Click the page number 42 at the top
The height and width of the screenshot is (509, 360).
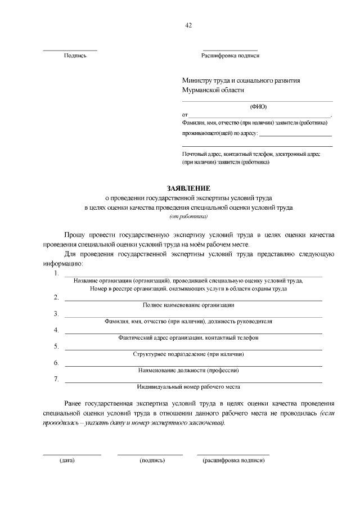[x=188, y=25]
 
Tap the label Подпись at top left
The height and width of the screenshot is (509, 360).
[x=75, y=56]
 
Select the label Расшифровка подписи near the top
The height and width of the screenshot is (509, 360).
[x=230, y=56]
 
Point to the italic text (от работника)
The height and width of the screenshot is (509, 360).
[x=188, y=216]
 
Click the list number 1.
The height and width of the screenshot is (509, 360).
[x=56, y=273]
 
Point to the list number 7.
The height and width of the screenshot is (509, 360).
[x=56, y=379]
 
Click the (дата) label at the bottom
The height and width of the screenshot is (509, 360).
[x=67, y=460]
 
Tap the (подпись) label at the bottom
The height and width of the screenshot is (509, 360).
[x=152, y=460]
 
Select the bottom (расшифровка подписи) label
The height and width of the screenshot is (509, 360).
[x=233, y=460]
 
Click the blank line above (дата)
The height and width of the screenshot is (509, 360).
[x=72, y=454]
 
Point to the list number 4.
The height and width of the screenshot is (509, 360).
[x=56, y=330]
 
